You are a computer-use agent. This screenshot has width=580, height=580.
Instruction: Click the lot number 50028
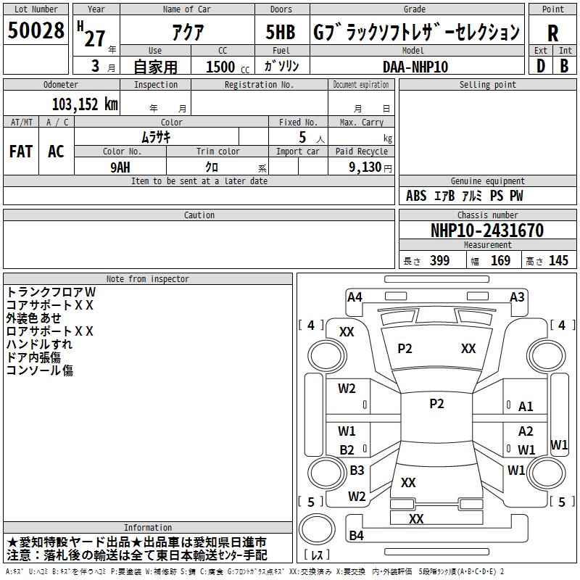36,30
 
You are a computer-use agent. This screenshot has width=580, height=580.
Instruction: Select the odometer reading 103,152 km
85,104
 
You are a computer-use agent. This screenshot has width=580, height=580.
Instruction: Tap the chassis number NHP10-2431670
487,231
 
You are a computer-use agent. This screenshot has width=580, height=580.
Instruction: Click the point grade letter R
552,33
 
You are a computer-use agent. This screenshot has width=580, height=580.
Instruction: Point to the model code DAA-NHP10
415,67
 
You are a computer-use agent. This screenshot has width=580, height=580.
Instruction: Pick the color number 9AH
120,167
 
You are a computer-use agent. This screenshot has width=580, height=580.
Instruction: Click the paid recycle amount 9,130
365,167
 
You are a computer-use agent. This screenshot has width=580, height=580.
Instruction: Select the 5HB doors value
281,32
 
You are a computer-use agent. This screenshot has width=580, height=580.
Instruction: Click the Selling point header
487,85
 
